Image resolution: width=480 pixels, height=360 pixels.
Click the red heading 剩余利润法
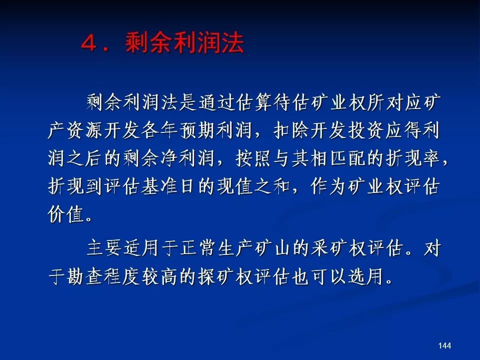click(x=184, y=42)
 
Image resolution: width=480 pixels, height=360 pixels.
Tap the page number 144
click(x=444, y=345)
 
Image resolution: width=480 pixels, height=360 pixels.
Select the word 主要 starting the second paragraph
click(x=104, y=247)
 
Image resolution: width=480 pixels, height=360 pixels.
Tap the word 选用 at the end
click(x=366, y=276)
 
